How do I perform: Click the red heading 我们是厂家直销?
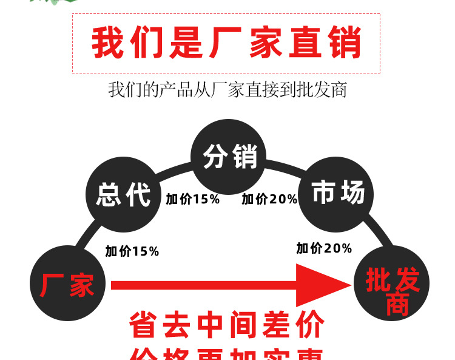tap(226, 42)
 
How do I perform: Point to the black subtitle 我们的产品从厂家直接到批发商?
tap(227, 90)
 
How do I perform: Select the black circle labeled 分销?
tap(229, 157)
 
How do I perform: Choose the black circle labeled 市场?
tap(336, 193)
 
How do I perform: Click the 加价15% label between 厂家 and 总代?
tap(132, 251)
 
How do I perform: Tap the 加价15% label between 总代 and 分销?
tap(192, 199)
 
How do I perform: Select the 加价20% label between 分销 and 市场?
tap(269, 199)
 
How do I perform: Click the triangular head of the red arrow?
tap(322, 285)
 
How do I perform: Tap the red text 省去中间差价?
tap(226, 326)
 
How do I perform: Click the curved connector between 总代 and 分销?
tap(172, 171)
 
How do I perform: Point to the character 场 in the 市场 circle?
tap(352, 193)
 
